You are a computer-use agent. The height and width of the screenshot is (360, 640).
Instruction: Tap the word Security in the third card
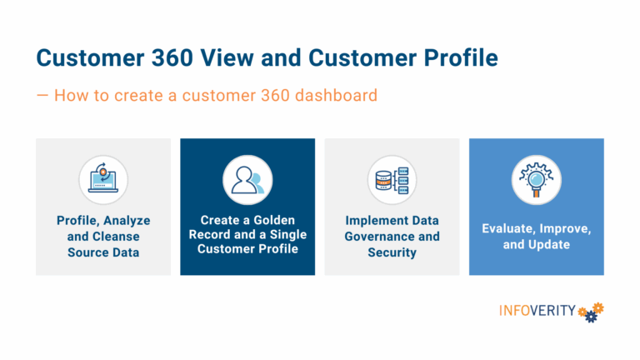[392, 252]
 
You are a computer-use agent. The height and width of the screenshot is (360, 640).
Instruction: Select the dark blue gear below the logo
[591, 317]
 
